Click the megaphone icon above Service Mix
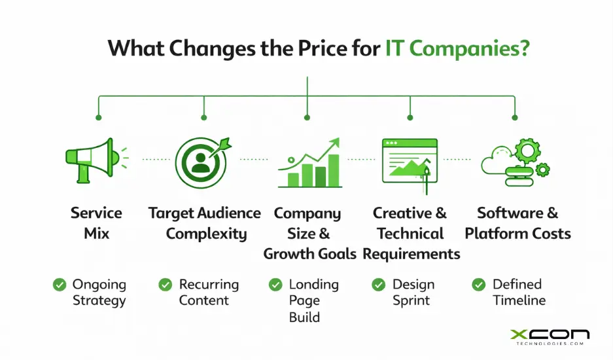point(92,160)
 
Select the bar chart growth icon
point(309,164)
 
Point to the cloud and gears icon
point(515,162)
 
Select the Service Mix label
point(96,223)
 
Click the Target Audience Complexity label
point(205,223)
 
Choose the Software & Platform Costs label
point(517,223)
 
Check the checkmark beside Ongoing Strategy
point(60,285)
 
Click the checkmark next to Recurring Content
point(166,285)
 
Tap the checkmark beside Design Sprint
point(378,285)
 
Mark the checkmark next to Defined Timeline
point(479,285)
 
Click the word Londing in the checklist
point(313,285)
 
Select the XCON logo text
point(550,335)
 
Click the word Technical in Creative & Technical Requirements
point(410,234)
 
